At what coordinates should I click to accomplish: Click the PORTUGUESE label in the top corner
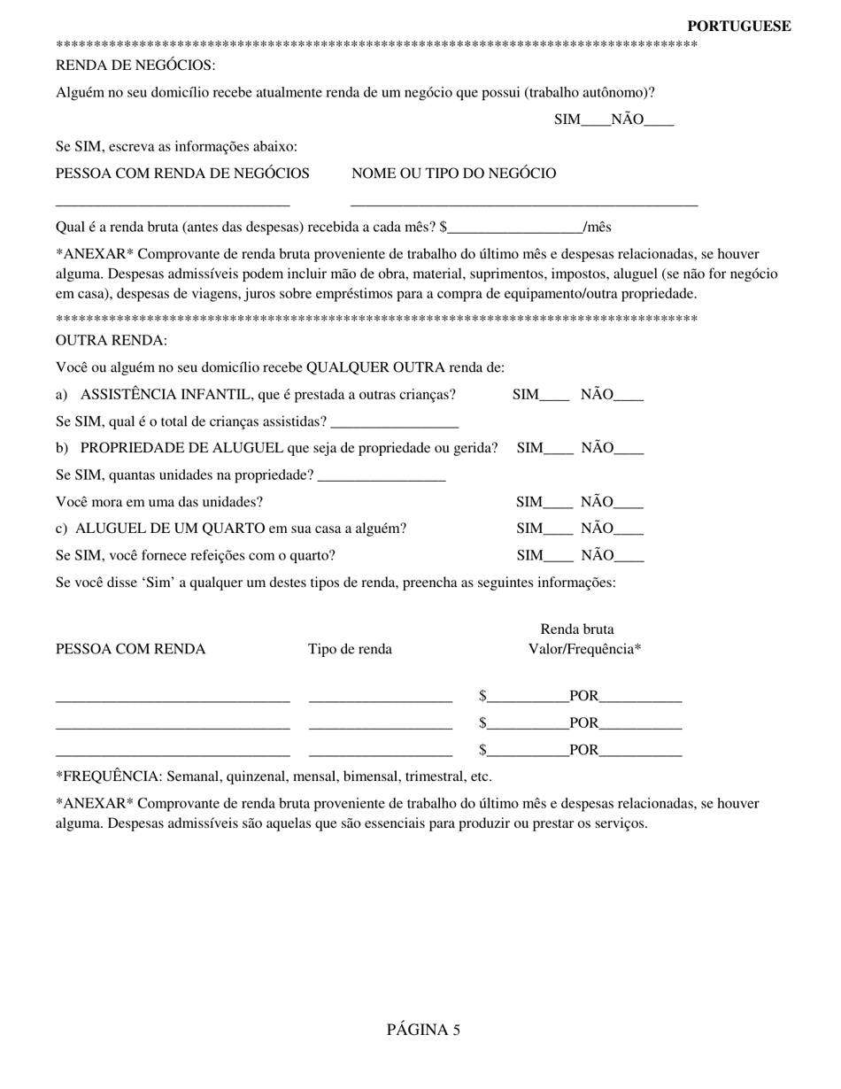[x=738, y=27]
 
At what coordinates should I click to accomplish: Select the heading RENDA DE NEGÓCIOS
[x=135, y=66]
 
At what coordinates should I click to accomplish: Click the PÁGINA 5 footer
[x=423, y=1030]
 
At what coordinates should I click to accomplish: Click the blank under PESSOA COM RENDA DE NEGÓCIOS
[x=173, y=202]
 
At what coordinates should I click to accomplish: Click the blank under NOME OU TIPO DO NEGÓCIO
[x=524, y=202]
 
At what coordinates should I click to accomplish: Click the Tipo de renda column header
[x=350, y=649]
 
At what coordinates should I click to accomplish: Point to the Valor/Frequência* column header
[x=584, y=649]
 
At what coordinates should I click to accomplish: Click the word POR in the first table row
[x=583, y=696]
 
